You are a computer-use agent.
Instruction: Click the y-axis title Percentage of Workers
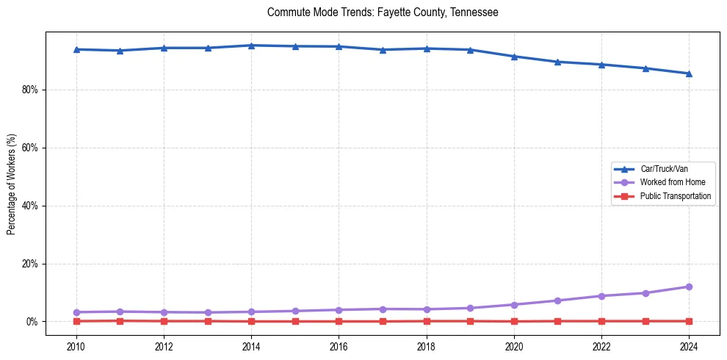tap(11, 184)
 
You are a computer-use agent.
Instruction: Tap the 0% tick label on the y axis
tap(32, 322)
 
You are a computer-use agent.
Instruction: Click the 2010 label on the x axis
tap(76, 347)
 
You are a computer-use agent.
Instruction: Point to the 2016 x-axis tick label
tap(339, 347)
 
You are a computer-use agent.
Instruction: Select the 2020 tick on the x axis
tap(514, 347)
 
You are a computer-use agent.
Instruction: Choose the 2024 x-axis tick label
tap(689, 347)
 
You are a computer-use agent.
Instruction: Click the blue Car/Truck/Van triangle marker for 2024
tap(689, 73)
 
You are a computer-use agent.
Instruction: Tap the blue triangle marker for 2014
tap(251, 46)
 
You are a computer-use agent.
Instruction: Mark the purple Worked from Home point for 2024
tap(689, 287)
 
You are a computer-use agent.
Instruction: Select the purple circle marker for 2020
tap(514, 305)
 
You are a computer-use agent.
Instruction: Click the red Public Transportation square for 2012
tap(164, 321)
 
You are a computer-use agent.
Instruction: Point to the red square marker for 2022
tap(601, 321)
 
